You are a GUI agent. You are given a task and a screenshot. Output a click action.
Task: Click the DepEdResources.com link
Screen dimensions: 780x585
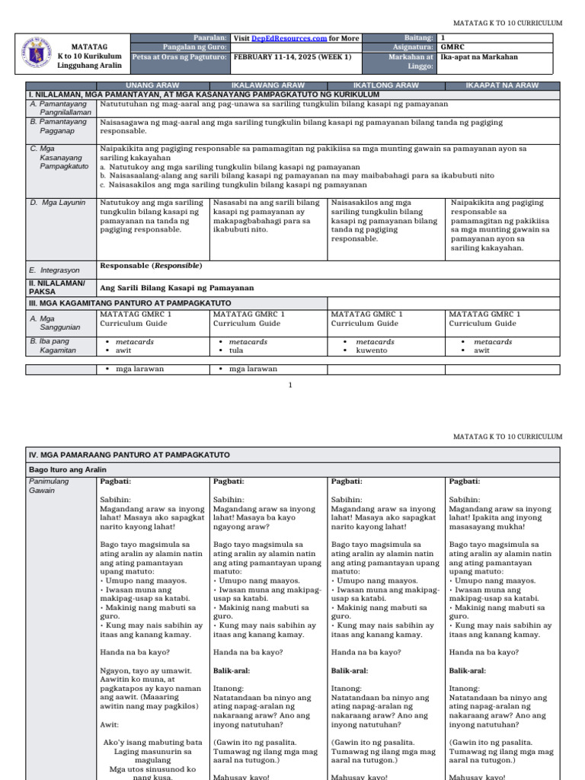(295, 37)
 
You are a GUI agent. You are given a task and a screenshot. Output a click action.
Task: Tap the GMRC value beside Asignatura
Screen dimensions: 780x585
(452, 47)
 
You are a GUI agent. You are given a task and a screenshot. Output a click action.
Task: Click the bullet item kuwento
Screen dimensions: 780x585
(370, 350)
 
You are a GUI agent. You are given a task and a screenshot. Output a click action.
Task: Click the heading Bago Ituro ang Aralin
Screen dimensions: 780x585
(68, 469)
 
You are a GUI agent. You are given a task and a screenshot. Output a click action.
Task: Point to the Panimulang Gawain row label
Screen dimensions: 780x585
(49, 486)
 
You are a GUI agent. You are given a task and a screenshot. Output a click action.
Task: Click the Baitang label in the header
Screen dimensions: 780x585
(419, 37)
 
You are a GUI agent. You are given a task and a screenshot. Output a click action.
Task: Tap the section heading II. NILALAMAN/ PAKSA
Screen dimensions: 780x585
(57, 287)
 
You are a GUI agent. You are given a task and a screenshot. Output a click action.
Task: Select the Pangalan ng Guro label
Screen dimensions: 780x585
(200, 47)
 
